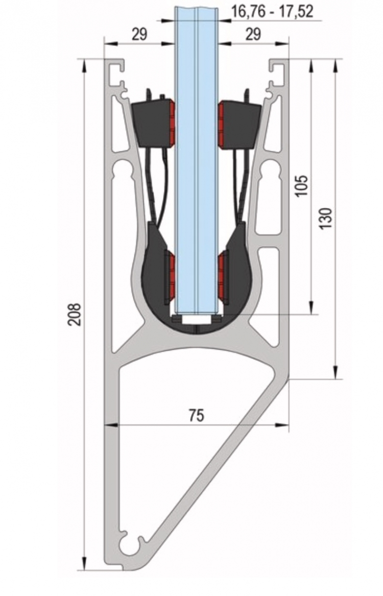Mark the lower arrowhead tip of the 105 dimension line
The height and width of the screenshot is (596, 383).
coord(311,314)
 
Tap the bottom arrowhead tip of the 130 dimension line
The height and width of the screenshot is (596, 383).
coord(336,378)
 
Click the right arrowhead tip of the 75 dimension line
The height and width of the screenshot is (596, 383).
coord(288,424)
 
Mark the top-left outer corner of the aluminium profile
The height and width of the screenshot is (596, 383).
coord(105,60)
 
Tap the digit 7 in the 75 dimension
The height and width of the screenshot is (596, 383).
coord(192,415)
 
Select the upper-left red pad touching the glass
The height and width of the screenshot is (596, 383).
coord(172,123)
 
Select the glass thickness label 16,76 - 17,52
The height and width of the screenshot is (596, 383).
coord(272,12)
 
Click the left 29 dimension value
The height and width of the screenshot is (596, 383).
coord(139,35)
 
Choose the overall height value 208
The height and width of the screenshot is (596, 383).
coord(75,315)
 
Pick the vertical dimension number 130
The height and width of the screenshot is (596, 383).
coord(326,218)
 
